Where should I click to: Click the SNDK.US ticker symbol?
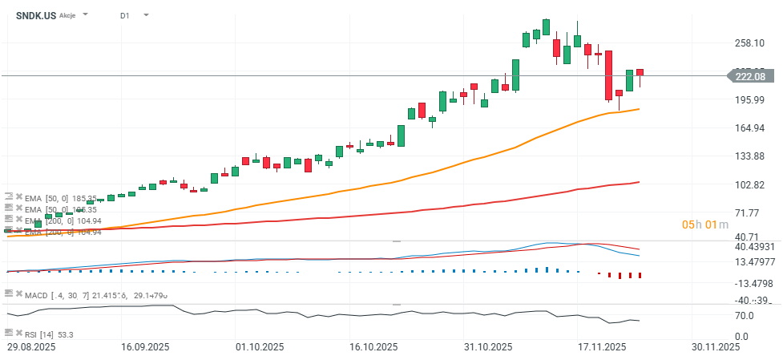point(36,15)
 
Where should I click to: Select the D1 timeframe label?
point(125,15)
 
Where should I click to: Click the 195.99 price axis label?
point(749,99)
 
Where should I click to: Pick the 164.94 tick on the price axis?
point(749,127)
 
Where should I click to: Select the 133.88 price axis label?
point(749,156)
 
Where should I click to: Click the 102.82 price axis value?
point(749,184)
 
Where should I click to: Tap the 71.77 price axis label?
point(749,212)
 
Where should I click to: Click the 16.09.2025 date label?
point(145,347)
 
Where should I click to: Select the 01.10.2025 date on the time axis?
point(260,347)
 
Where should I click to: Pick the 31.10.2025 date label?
point(489,347)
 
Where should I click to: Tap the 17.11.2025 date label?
point(603,347)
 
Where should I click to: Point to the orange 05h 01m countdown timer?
point(704,224)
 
